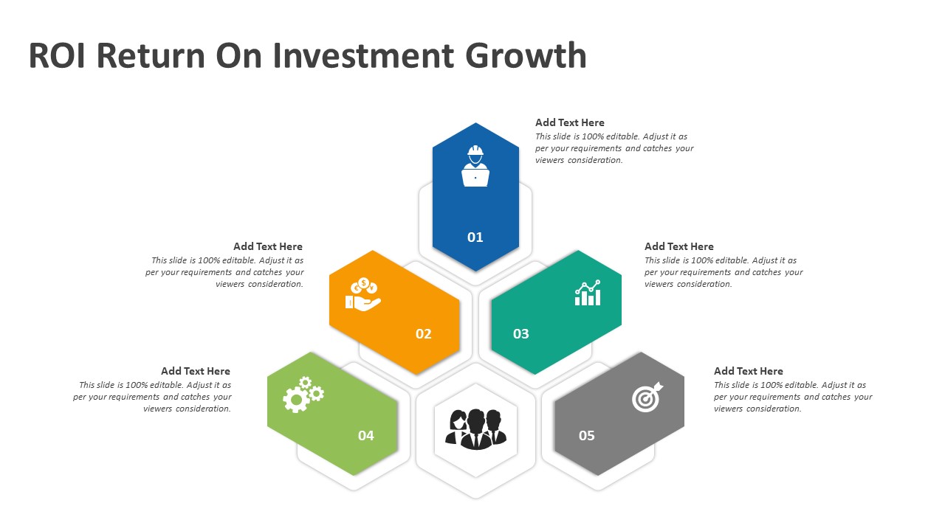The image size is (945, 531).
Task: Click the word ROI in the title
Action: click(x=58, y=55)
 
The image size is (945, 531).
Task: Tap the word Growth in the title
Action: click(x=526, y=55)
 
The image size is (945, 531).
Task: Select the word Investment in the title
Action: click(x=363, y=55)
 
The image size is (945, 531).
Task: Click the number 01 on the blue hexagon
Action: click(x=475, y=237)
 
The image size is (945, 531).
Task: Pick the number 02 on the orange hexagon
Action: click(x=423, y=334)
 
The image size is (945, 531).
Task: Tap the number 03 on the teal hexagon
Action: click(x=520, y=334)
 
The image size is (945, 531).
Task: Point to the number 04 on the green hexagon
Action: click(x=365, y=435)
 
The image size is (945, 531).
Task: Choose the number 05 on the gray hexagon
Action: click(x=586, y=435)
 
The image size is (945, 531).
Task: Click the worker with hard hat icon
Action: click(x=475, y=166)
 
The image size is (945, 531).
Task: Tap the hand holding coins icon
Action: click(x=362, y=294)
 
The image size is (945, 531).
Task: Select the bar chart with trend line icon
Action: click(x=588, y=293)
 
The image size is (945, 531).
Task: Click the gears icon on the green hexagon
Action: click(x=303, y=395)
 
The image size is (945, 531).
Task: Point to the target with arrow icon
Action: click(x=647, y=397)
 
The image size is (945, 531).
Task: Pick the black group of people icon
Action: click(x=476, y=429)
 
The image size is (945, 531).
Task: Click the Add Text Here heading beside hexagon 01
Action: click(x=569, y=122)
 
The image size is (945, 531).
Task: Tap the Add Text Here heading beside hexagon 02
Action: click(x=268, y=246)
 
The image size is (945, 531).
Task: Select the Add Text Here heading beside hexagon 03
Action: click(x=678, y=246)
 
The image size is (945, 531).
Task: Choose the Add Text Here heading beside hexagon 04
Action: click(x=196, y=371)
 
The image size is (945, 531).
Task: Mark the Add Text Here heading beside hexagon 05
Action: click(x=749, y=371)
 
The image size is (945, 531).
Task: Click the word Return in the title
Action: click(x=151, y=55)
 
